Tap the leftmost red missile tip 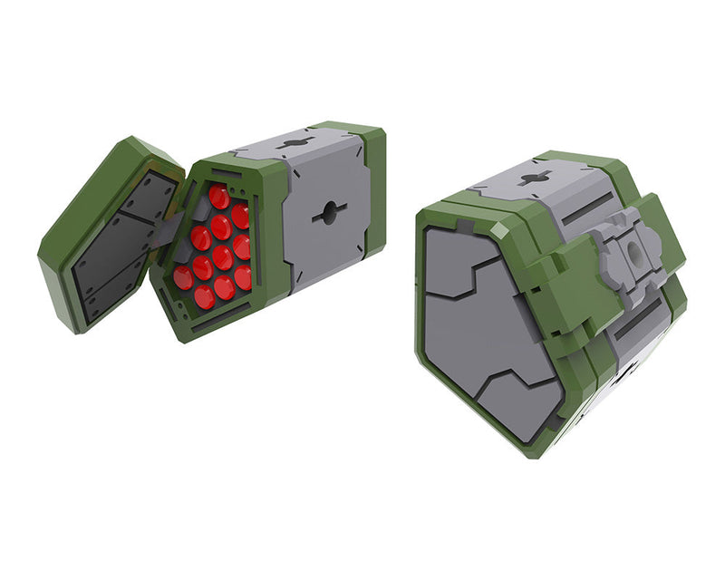pyautogui.click(x=184, y=278)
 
